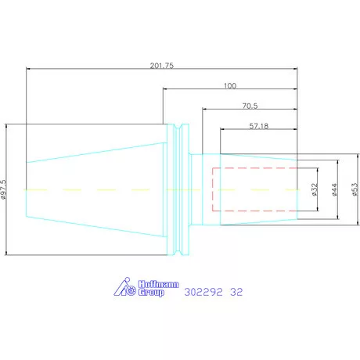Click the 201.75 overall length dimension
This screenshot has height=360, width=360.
(162, 65)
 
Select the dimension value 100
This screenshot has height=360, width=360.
(230, 85)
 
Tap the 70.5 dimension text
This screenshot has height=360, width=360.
(250, 106)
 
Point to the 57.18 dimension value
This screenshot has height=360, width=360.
(259, 126)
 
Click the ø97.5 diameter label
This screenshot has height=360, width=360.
(3, 189)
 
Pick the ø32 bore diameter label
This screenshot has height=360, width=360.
(315, 189)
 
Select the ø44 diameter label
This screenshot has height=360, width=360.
(335, 189)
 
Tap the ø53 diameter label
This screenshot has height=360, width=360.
(355, 189)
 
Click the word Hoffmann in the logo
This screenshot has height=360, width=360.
(158, 284)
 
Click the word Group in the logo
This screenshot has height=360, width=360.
(151, 292)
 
